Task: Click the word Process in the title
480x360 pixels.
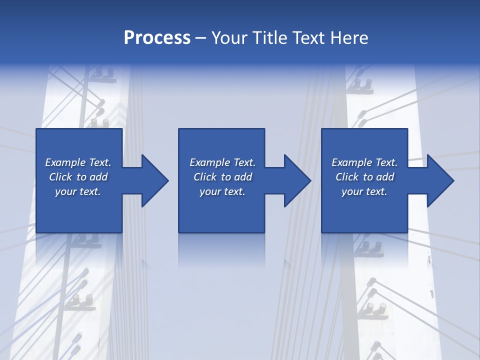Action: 157,38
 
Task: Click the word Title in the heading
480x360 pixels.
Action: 268,38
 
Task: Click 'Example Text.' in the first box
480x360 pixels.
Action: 78,162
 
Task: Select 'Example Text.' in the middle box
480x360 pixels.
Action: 222,162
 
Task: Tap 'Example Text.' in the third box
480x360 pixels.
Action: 364,162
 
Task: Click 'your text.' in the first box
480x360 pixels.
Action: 78,191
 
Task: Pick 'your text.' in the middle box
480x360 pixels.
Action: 222,191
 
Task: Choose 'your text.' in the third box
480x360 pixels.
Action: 364,191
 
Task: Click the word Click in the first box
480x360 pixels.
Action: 60,177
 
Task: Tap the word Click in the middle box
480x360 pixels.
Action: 205,177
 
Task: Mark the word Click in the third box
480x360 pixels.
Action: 347,177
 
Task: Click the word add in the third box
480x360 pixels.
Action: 385,177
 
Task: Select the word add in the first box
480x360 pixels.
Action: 98,177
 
